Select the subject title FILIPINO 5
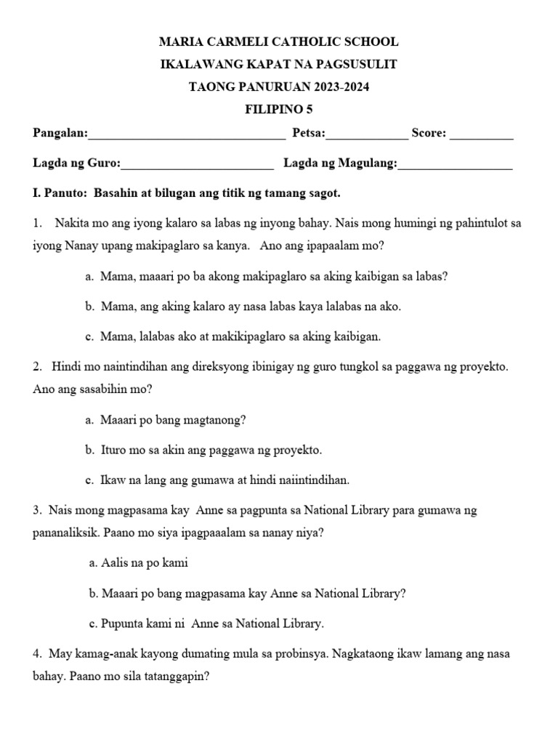(278, 110)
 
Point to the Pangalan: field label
(60, 133)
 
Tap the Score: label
(429, 133)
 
